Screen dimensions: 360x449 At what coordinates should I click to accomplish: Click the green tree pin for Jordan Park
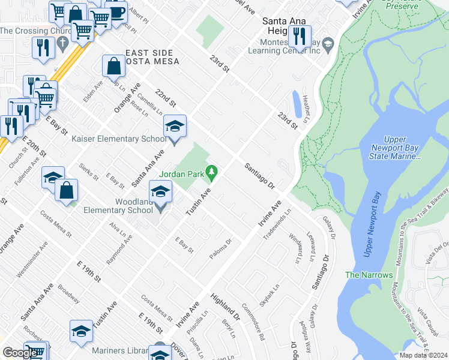[211, 174]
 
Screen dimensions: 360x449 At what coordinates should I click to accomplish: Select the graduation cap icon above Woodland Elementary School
[160, 192]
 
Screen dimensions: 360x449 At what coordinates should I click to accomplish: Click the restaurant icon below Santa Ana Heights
[300, 37]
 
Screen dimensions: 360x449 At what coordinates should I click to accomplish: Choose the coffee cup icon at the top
[116, 12]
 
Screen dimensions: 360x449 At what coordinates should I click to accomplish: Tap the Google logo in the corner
[20, 352]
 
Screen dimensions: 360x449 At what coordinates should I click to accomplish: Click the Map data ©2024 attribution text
[423, 355]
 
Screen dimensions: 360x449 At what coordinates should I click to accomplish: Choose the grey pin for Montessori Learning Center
[328, 44]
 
